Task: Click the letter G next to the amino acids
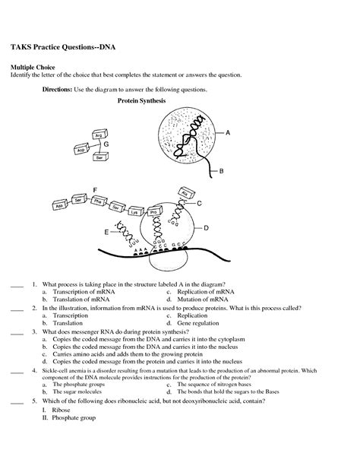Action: (106, 144)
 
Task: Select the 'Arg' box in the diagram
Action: (98, 135)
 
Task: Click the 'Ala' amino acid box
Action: (185, 193)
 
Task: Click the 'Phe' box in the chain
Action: (97, 204)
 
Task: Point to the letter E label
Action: (107, 232)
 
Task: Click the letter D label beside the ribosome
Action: (206, 227)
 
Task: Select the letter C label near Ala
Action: (199, 203)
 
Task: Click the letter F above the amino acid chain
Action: (94, 189)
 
